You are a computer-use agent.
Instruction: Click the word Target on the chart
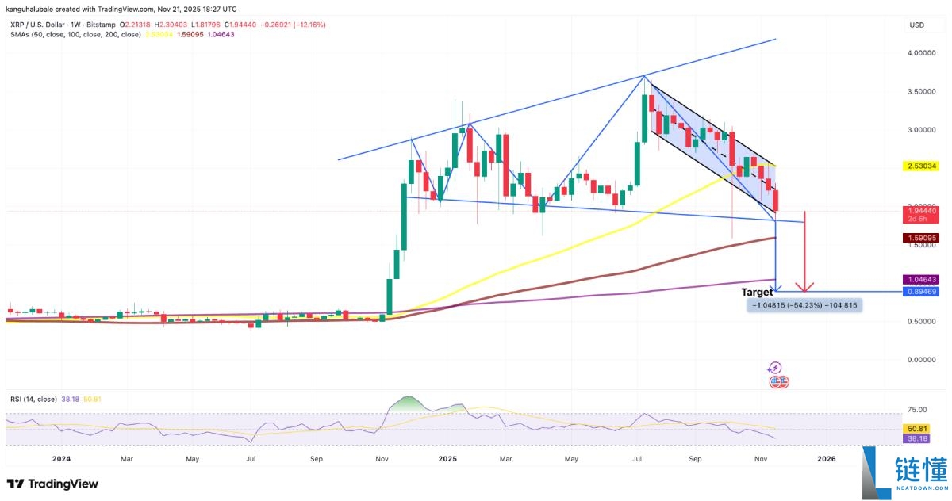[757, 293]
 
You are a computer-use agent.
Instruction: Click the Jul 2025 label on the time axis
[637, 458]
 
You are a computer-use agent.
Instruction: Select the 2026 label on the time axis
[826, 458]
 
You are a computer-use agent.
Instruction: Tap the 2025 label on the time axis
[447, 458]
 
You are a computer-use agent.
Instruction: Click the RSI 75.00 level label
[917, 409]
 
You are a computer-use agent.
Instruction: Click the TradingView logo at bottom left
[52, 484]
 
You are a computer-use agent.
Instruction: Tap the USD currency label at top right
[917, 25]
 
